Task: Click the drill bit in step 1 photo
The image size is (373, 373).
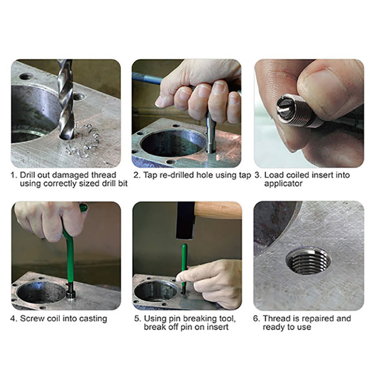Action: (66, 100)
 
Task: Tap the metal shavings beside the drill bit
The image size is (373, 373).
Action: (83, 140)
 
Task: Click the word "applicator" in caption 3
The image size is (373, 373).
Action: (283, 184)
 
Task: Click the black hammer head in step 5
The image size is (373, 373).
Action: (186, 220)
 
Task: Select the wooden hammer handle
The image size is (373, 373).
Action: (218, 210)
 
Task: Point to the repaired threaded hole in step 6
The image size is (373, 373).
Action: (308, 262)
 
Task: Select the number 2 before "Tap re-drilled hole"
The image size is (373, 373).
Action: (137, 175)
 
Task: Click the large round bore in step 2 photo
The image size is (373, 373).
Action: (173, 143)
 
